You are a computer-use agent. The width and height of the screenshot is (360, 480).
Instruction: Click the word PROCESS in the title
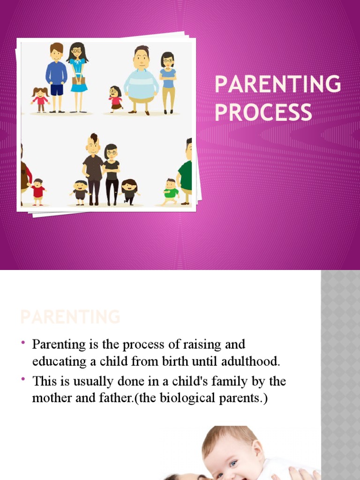click(x=263, y=112)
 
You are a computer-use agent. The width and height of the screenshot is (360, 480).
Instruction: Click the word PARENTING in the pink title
click(x=277, y=85)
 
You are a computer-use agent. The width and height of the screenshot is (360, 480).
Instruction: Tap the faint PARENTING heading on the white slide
click(x=70, y=317)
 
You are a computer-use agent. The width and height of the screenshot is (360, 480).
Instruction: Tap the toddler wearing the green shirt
click(x=171, y=191)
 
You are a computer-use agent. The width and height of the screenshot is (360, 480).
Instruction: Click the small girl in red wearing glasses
click(x=114, y=98)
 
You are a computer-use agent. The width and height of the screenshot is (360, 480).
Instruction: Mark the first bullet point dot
click(x=23, y=345)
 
